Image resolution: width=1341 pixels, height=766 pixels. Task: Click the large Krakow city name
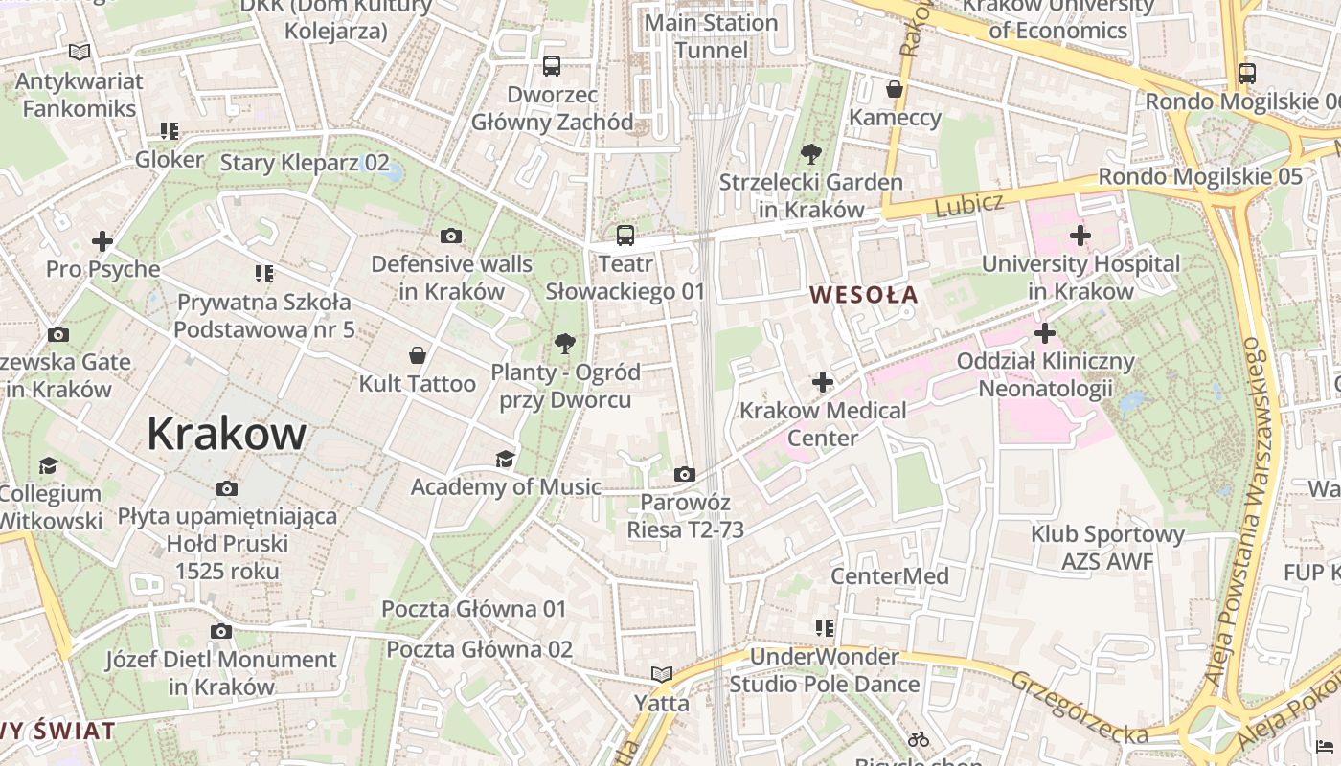[x=226, y=435]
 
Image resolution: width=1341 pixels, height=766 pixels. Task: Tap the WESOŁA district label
[x=864, y=295]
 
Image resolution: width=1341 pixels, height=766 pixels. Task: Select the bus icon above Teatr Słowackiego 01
[x=625, y=235]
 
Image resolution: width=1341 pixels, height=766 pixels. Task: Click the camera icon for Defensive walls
[x=450, y=236]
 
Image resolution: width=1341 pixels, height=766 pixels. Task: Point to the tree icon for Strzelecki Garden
[x=810, y=153]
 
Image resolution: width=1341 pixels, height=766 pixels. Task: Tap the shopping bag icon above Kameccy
[x=895, y=89]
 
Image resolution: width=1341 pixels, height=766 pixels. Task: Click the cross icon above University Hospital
[x=1080, y=235]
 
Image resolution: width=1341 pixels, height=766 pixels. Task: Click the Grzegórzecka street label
[x=1079, y=707]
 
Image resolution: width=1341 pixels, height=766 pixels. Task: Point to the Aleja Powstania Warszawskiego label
[x=1239, y=512]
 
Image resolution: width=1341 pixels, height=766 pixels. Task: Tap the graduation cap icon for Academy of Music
[x=505, y=460]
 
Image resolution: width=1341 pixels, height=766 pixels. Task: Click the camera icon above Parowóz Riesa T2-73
[x=684, y=474]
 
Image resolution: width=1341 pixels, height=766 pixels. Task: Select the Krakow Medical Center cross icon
[x=822, y=383]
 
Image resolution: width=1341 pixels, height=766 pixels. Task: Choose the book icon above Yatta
[x=661, y=674]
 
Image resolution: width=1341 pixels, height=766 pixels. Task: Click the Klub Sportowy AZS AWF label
[x=1107, y=548]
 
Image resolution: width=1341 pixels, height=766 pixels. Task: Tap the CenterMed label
[x=889, y=575]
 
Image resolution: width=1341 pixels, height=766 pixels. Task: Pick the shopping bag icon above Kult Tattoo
[x=418, y=356]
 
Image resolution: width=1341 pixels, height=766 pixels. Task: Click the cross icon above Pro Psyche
[x=102, y=241]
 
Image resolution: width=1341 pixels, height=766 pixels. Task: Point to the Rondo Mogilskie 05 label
[x=1199, y=176]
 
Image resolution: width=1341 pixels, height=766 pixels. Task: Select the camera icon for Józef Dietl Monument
[x=221, y=631]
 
